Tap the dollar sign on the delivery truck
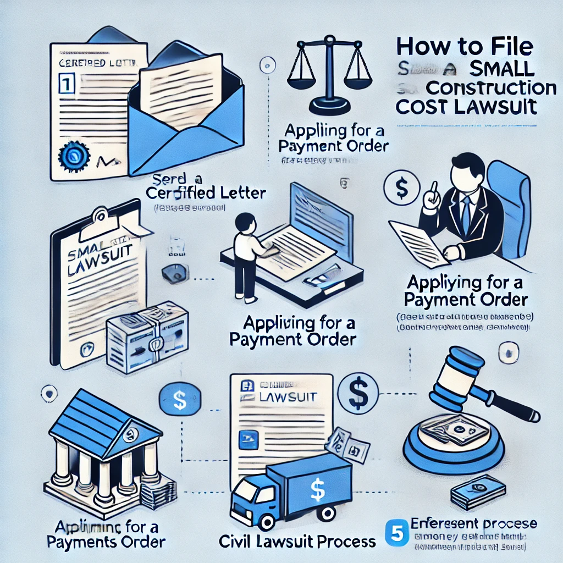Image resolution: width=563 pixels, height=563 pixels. (317, 487)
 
